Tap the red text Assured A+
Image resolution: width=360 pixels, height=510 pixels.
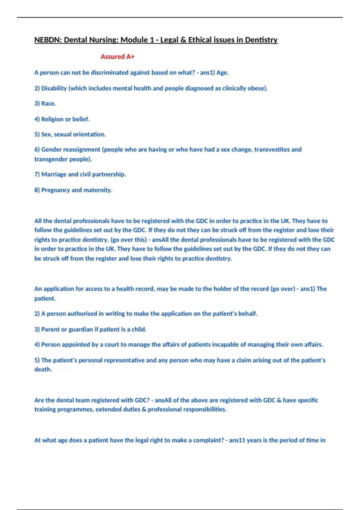tap(117, 57)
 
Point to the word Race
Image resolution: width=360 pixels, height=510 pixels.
tap(48, 103)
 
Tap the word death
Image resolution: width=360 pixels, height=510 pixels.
tap(43, 369)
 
